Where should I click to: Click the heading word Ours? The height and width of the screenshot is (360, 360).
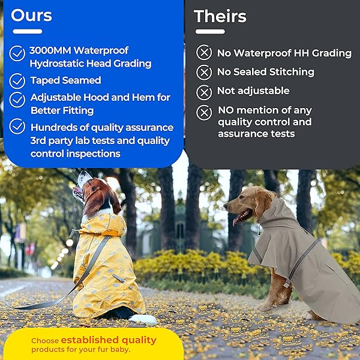coord(31,15)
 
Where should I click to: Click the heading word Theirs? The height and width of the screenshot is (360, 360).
coord(220,16)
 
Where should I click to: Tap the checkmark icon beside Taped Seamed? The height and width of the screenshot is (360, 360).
coord(17,80)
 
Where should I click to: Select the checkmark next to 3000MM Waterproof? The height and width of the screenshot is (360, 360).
coord(17,53)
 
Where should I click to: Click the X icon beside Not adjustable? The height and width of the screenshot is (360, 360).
coord(204,92)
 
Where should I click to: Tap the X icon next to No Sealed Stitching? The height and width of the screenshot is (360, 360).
coord(204,73)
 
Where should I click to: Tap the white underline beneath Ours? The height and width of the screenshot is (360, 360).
coord(27,31)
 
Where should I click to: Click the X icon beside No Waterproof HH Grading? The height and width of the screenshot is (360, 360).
coord(204,53)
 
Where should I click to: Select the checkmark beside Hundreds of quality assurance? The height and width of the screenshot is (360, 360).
coord(17,127)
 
